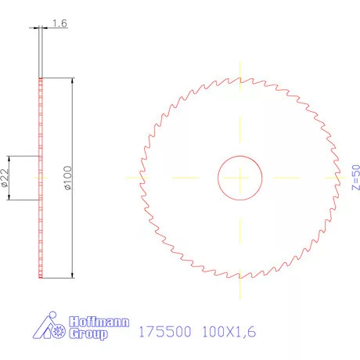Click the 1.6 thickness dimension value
(59, 24)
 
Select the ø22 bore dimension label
(6, 178)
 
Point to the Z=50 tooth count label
(355, 178)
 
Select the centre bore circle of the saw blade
(239, 178)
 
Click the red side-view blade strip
(39, 178)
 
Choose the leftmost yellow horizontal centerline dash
(133, 178)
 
